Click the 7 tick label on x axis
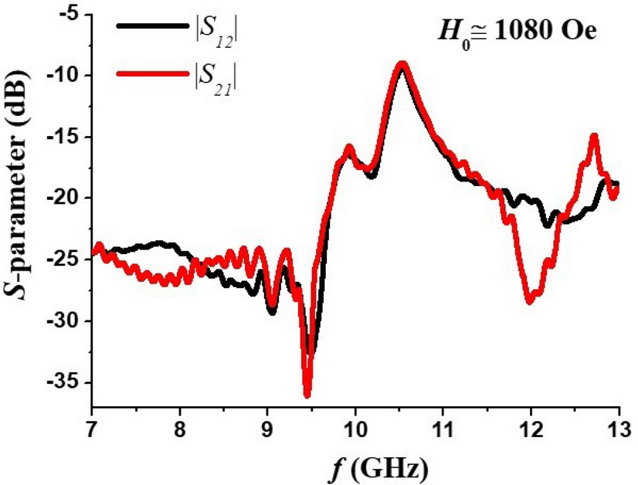click(92, 427)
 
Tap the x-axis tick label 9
click(267, 427)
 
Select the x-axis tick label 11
click(443, 427)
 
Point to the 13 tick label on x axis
click(618, 427)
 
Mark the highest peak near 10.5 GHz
click(402, 65)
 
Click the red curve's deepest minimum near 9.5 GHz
click(307, 395)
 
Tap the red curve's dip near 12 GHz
click(530, 300)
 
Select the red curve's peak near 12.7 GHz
click(594, 137)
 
